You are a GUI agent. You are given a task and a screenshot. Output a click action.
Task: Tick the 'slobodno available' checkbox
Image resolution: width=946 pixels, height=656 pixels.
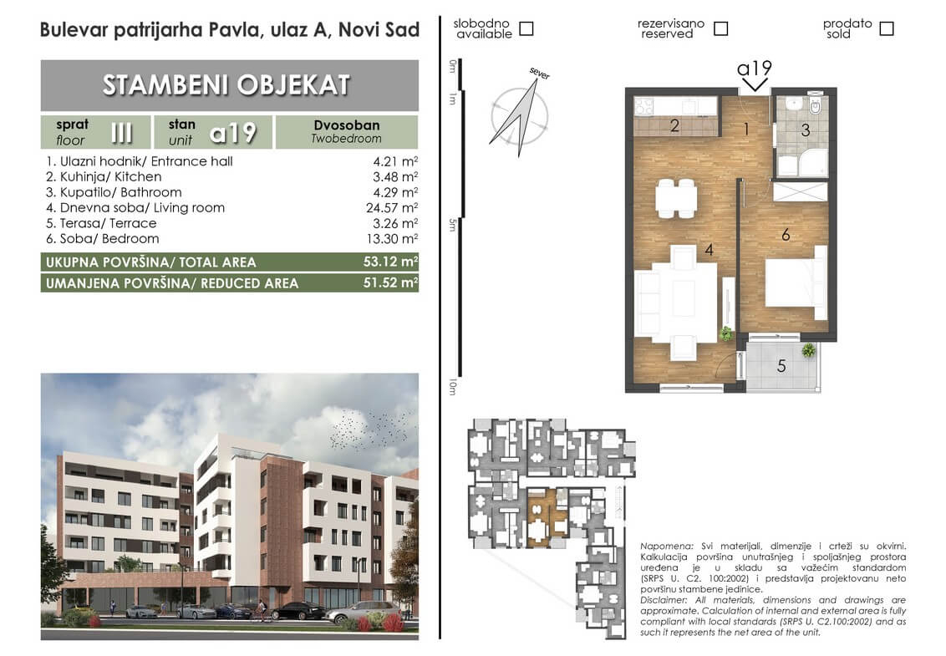526,28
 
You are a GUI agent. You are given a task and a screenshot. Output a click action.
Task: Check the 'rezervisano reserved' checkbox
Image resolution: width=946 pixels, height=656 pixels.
720,28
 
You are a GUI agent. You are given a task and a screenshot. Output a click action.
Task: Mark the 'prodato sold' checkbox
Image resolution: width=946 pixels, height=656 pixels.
887,28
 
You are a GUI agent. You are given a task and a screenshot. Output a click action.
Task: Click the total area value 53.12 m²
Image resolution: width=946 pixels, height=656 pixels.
390,262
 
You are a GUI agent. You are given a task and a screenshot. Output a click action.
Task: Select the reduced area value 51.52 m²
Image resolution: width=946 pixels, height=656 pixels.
390,282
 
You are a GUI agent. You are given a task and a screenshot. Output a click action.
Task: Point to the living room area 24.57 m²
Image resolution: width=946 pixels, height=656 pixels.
392,207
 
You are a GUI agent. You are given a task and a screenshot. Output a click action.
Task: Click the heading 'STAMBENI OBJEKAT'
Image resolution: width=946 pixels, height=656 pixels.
226,85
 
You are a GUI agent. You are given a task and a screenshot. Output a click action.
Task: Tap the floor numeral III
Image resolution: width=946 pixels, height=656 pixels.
122,132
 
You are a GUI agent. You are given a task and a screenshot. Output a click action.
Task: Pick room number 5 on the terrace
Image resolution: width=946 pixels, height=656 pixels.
781,366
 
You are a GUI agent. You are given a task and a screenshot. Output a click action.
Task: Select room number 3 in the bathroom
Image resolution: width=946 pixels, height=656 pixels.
805,130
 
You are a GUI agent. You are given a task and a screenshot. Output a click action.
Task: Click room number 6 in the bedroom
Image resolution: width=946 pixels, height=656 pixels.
786,234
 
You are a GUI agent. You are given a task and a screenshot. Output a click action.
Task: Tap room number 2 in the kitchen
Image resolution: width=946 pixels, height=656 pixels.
674,125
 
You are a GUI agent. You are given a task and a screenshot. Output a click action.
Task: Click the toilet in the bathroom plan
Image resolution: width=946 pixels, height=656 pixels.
815,105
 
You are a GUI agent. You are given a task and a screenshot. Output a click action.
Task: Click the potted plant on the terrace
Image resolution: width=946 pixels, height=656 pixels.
808,350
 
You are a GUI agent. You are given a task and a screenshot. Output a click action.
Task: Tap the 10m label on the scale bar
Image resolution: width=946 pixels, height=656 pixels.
452,387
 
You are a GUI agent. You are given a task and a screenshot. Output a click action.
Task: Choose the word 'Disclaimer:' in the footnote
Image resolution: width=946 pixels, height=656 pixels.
663,601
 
